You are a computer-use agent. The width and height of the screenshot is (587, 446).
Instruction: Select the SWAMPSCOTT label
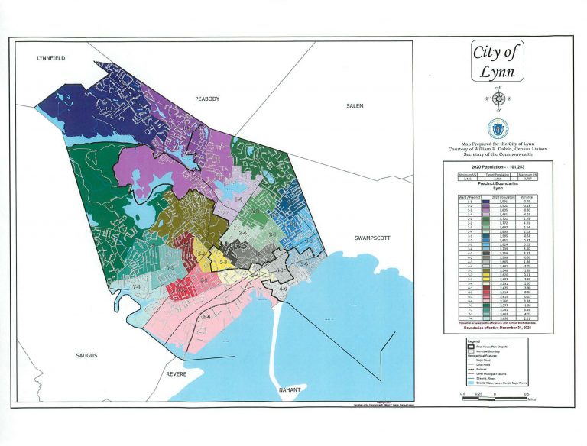coord(372,238)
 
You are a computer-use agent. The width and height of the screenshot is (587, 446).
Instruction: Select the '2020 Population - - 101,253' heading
coord(498,166)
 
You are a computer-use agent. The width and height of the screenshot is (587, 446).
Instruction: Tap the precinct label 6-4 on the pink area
coord(206,316)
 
